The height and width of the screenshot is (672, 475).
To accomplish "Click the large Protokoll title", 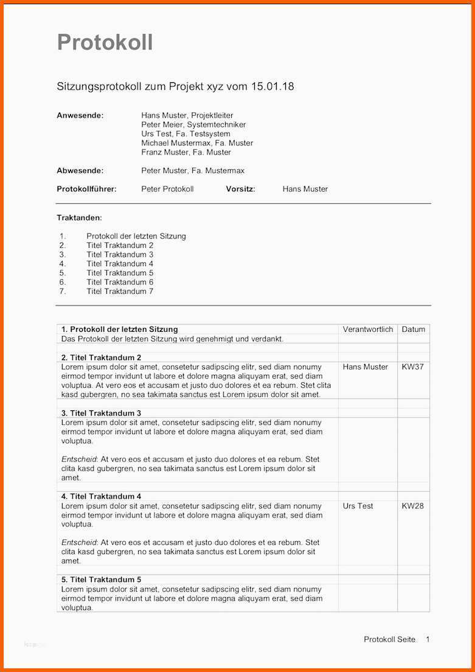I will click(105, 43).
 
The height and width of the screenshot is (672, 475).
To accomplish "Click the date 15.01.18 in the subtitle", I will click(272, 86).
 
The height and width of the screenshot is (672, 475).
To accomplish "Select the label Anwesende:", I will click(80, 115).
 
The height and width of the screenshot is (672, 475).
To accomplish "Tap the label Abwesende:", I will click(80, 170).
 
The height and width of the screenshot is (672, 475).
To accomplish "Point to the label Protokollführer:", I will click(86, 189).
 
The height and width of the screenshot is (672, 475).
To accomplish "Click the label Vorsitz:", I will click(240, 189).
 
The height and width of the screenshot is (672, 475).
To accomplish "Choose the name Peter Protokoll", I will click(167, 189).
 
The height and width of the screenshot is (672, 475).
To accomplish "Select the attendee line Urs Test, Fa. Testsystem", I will click(185, 133).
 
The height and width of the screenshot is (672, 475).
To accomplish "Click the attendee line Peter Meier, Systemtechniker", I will click(193, 124).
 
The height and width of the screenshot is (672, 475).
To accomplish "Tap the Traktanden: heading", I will click(79, 217).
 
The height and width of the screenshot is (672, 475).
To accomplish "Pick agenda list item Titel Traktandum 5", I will click(120, 273).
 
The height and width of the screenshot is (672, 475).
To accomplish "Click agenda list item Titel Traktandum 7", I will click(120, 291).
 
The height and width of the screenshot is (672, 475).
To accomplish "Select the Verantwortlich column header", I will click(368, 329).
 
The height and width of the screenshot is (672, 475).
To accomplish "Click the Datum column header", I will click(414, 329).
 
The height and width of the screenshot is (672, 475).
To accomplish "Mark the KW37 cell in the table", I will click(412, 367).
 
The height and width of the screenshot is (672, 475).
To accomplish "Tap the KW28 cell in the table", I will click(412, 506).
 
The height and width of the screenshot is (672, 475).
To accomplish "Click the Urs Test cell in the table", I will click(358, 506).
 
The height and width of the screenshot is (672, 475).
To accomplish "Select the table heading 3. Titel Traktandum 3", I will click(101, 413).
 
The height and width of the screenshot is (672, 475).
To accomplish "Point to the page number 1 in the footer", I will click(428, 639).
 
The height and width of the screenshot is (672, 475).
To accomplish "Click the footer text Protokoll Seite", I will click(389, 639).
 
